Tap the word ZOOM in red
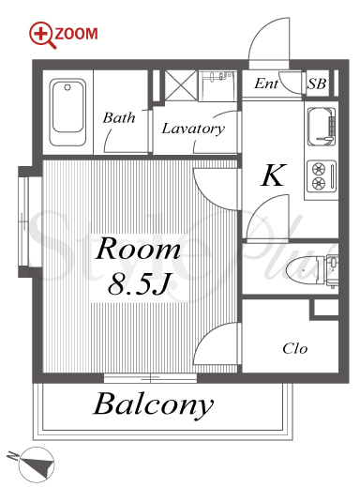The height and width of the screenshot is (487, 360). coord(76,34)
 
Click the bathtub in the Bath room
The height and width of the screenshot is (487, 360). coord(67,113)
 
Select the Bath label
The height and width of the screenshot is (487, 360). coord(119,118)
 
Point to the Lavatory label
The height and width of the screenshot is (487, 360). coord(193,129)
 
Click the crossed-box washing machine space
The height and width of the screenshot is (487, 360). coord(181,85)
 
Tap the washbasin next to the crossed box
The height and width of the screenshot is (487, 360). coord(218,85)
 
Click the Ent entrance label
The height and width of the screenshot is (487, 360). coord(266,84)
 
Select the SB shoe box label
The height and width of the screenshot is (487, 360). coord(317,84)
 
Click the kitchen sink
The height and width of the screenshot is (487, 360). coord(322,127)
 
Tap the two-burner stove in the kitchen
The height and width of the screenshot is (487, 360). coord(322,175)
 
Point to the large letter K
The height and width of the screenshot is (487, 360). coord(273,175)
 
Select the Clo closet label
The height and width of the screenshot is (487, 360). coord(295,348)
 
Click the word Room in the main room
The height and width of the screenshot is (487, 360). coord(138,249)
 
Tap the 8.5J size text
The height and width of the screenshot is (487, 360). coord(139,284)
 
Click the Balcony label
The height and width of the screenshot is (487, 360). coord(154,404)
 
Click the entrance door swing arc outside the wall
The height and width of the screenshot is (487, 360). coord(269,39)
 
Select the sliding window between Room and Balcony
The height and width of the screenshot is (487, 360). coord(150,378)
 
